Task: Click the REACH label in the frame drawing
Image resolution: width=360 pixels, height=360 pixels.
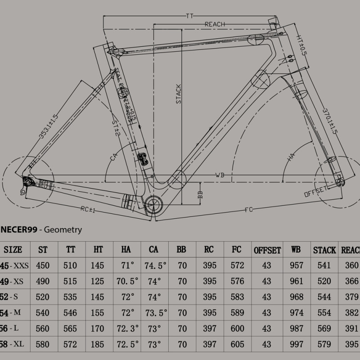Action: click(x=214, y=24)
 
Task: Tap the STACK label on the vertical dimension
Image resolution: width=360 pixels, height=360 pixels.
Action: click(x=179, y=94)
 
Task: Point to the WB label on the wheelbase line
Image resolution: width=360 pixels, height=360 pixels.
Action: click(x=220, y=174)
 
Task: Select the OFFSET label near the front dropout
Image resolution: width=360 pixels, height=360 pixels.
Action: click(x=315, y=191)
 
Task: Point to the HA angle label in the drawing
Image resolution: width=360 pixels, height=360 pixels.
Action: click(x=291, y=157)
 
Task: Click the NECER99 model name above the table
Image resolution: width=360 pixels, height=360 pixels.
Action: click(x=18, y=230)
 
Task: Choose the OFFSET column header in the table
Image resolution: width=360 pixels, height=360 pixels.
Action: click(x=267, y=250)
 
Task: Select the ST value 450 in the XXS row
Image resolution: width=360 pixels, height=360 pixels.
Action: click(x=43, y=265)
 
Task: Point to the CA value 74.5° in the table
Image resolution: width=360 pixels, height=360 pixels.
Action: click(x=155, y=265)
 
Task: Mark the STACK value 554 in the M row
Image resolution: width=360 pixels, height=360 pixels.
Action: click(x=324, y=312)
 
